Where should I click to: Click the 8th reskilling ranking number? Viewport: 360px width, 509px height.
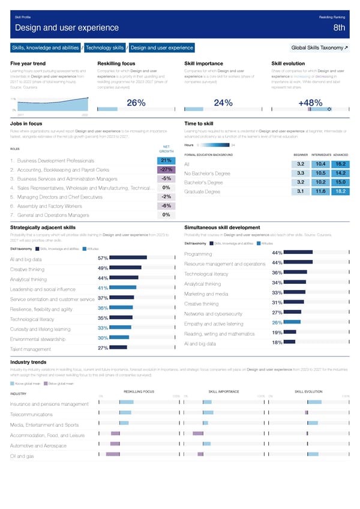pyautogui.click(x=339, y=28)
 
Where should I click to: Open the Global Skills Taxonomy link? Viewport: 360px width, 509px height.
pyautogui.click(x=319, y=47)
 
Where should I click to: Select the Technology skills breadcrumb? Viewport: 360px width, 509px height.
pyautogui.click(x=105, y=47)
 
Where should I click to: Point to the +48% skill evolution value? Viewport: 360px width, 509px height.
pyautogui.click(x=310, y=103)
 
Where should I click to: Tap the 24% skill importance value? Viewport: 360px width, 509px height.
pyautogui.click(x=223, y=103)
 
